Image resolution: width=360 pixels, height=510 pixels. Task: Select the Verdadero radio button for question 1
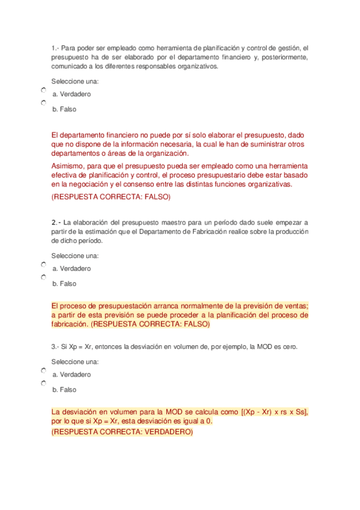pyautogui.click(x=43, y=90)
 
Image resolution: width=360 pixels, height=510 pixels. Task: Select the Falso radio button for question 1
pyautogui.click(x=43, y=103)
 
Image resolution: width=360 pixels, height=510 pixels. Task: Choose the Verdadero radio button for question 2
pyautogui.click(x=43, y=264)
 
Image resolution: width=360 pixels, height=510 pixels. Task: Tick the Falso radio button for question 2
pyautogui.click(x=43, y=278)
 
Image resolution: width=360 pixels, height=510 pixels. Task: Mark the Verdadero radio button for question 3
pyautogui.click(x=43, y=370)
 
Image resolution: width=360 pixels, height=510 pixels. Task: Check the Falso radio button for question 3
pyautogui.click(x=43, y=384)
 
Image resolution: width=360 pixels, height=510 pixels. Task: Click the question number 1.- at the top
pyautogui.click(x=55, y=48)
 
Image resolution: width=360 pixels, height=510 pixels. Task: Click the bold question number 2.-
pyautogui.click(x=56, y=222)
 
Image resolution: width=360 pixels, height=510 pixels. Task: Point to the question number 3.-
pyautogui.click(x=56, y=347)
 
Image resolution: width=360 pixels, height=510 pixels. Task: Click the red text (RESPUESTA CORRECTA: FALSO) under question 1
pyautogui.click(x=111, y=197)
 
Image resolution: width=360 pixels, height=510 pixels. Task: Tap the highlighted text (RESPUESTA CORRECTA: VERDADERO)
pyautogui.click(x=122, y=432)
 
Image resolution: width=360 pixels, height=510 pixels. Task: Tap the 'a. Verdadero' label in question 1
pyautogui.click(x=72, y=94)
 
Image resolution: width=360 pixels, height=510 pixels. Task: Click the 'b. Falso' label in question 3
pyautogui.click(x=64, y=390)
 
